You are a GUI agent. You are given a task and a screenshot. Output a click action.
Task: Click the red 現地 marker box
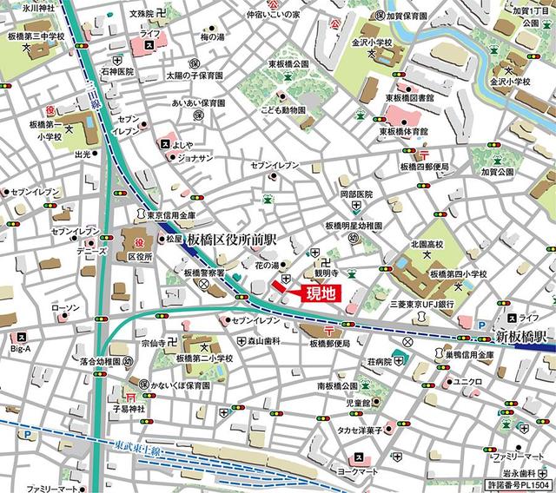(317, 293)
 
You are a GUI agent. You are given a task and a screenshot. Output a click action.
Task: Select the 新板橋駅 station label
(520, 335)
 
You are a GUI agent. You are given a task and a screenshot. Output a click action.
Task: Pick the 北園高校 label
(427, 245)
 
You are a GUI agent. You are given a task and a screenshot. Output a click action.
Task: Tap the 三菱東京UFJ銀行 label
(423, 305)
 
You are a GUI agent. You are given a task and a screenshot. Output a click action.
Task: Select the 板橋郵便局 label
(335, 344)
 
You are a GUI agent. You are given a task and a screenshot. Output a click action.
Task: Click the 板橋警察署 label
(204, 272)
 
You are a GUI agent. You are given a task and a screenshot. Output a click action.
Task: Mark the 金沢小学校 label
(374, 41)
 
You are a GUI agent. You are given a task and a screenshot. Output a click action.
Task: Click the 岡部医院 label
(355, 194)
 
